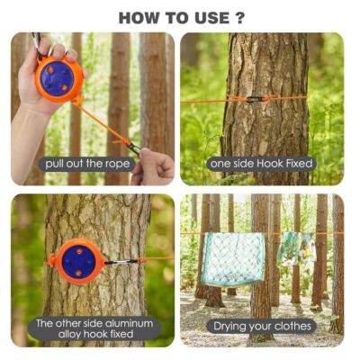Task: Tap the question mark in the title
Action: (238, 18)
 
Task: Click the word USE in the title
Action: (211, 18)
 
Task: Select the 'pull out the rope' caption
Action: (87, 164)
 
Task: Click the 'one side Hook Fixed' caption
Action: (261, 164)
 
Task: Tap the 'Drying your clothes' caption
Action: (262, 326)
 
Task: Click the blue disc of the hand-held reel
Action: (57, 78)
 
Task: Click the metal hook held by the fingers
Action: (134, 148)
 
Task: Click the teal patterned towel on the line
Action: (233, 259)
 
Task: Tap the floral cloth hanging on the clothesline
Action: (296, 248)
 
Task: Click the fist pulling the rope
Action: (153, 166)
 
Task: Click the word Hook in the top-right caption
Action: (269, 164)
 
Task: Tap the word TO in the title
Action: (175, 18)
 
